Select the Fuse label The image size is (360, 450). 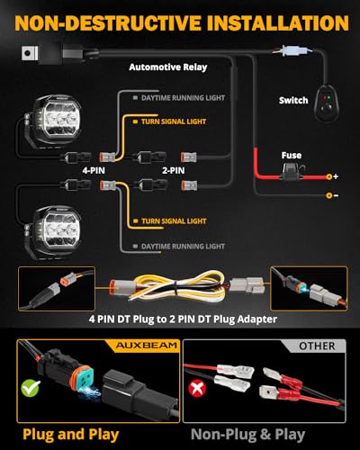[292, 155]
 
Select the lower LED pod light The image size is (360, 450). [56, 230]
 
